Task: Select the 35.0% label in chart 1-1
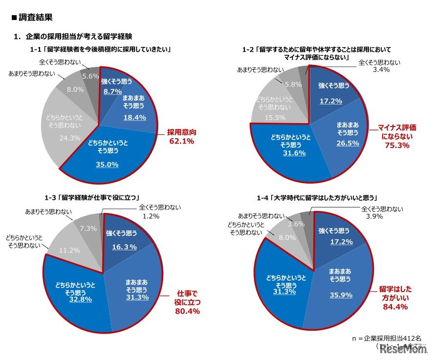tap(107, 165)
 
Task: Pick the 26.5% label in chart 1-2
tap(347, 143)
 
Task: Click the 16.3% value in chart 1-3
tap(124, 247)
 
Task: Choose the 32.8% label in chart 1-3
tap(80, 299)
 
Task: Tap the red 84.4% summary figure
tap(396, 307)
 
